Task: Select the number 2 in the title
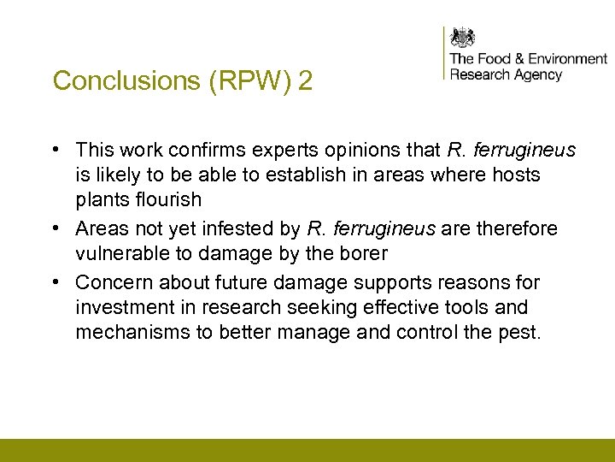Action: coord(305,81)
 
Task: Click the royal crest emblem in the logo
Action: coord(463,38)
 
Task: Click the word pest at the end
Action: coord(520,331)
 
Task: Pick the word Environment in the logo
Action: coord(567,59)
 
